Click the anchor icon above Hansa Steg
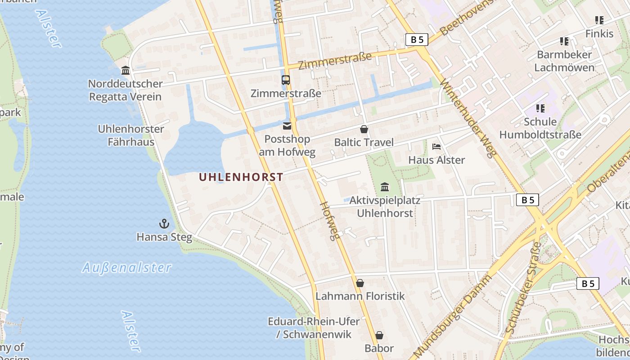pyautogui.click(x=164, y=224)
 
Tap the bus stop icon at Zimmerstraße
pyautogui.click(x=286, y=80)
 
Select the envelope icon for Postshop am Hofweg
pyautogui.click(x=287, y=126)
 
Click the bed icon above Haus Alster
pyautogui.click(x=436, y=147)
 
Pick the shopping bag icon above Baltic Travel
pyautogui.click(x=364, y=130)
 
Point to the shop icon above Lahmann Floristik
pyautogui.click(x=360, y=283)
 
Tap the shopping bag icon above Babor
pyautogui.click(x=379, y=335)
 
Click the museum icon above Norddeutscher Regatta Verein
pyautogui.click(x=126, y=71)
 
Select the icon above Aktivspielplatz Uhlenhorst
pyautogui.click(x=385, y=187)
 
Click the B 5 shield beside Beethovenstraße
pyautogui.click(x=417, y=40)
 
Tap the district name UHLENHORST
pyautogui.click(x=241, y=177)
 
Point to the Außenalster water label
pyautogui.click(x=127, y=268)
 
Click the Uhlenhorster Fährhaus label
pyautogui.click(x=131, y=135)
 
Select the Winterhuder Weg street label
pyautogui.click(x=468, y=118)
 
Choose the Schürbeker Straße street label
pyautogui.click(x=523, y=288)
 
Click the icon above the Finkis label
pyautogui.click(x=599, y=20)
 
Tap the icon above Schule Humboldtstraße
pyautogui.click(x=540, y=108)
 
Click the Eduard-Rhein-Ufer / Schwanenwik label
pyautogui.click(x=314, y=328)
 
